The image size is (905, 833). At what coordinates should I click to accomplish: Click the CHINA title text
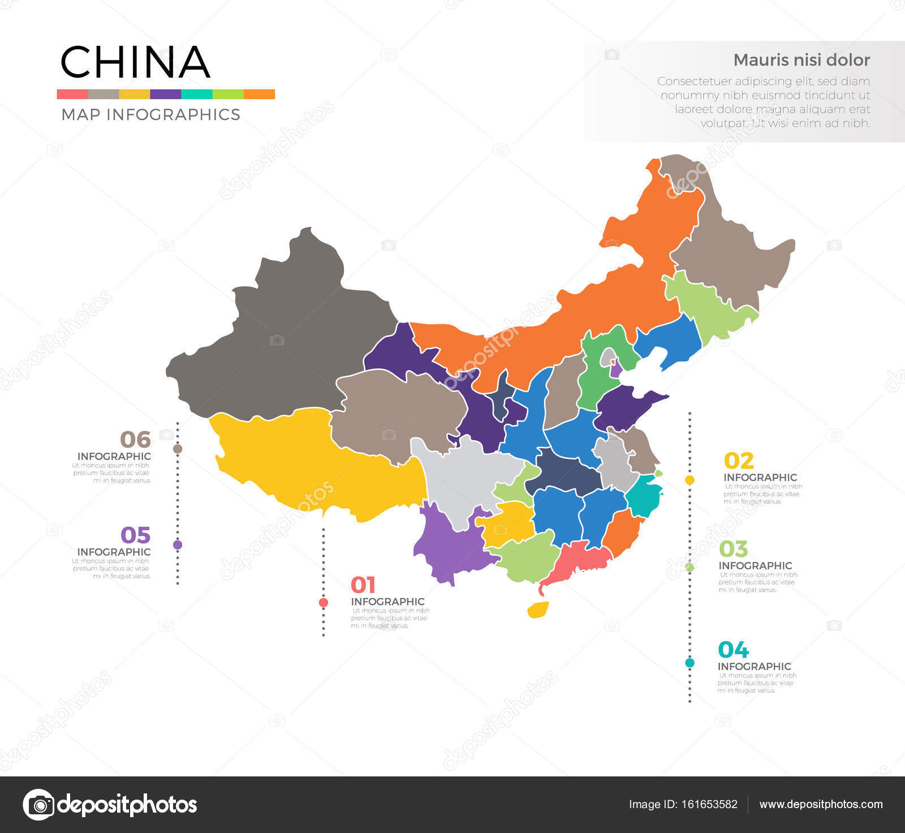click(x=135, y=62)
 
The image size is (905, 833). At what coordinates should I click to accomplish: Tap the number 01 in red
click(x=363, y=585)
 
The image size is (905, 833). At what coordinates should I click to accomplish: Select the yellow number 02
click(x=739, y=461)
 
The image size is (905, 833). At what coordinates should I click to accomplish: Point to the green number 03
click(x=733, y=549)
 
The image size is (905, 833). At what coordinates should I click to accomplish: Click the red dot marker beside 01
click(x=324, y=603)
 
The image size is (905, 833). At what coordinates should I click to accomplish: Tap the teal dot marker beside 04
click(x=689, y=663)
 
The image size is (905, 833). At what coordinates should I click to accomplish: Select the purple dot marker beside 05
click(x=178, y=545)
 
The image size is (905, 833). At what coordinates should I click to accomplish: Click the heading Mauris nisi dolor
click(x=801, y=60)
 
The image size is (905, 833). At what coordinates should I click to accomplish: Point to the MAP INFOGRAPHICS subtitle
click(x=150, y=114)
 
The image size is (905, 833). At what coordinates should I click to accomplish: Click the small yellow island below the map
click(x=538, y=610)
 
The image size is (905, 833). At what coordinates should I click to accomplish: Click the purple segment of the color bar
click(x=166, y=94)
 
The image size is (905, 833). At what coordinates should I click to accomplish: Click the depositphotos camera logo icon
click(x=38, y=804)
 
